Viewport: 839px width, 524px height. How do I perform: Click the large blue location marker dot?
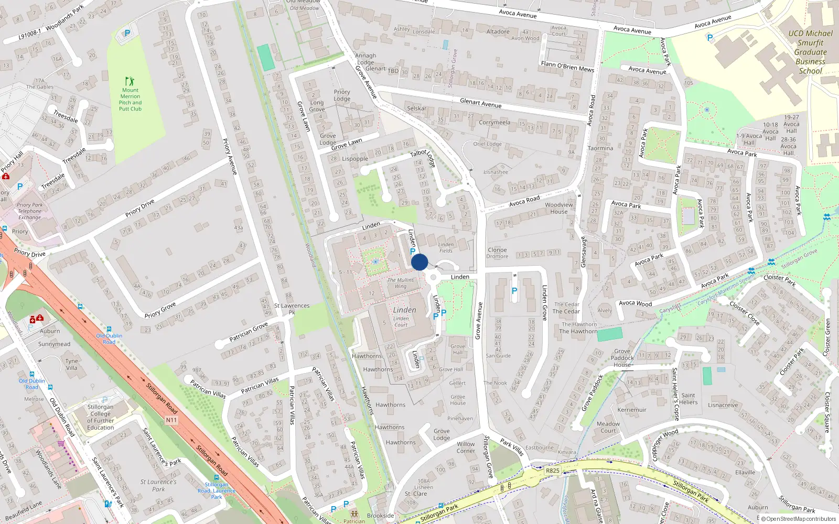[x=419, y=262]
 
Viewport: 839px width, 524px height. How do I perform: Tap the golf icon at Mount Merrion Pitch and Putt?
[x=130, y=81]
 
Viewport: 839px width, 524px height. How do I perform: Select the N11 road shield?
[x=171, y=420]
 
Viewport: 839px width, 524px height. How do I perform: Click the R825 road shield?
[x=553, y=471]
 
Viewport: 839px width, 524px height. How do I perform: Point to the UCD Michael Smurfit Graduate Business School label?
[x=810, y=52]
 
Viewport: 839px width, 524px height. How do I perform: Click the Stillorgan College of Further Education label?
[x=101, y=417]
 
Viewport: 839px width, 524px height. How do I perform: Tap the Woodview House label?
[x=559, y=208]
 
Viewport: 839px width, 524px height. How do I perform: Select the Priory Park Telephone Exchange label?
[x=30, y=211]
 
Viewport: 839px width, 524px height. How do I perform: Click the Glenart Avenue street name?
[x=480, y=103]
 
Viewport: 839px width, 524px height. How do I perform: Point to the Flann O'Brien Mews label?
[x=567, y=67]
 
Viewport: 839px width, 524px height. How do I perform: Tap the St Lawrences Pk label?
[x=292, y=309]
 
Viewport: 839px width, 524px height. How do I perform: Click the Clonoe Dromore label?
[x=497, y=253]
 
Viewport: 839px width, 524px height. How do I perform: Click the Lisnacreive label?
[x=723, y=405]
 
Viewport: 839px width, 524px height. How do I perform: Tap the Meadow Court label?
[x=608, y=427]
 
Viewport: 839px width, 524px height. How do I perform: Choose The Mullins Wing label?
[x=401, y=283]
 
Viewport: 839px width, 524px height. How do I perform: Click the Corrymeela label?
[x=494, y=123]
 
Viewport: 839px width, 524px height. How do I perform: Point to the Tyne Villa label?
[x=72, y=364]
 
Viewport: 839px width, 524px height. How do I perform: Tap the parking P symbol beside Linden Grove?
[x=514, y=291]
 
